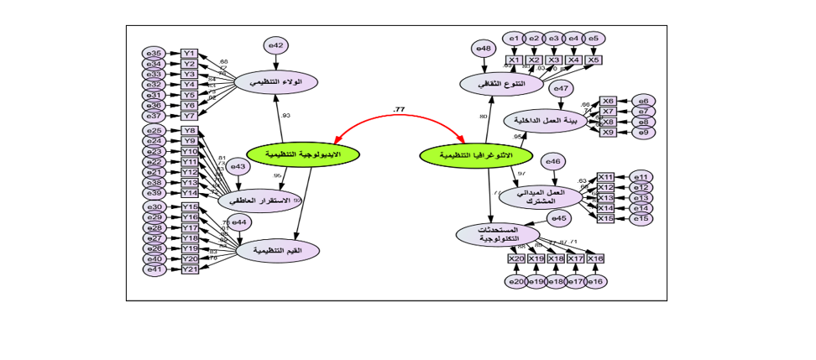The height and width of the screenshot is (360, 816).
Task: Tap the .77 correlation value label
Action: click(x=398, y=110)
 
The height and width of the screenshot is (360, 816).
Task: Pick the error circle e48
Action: click(x=484, y=49)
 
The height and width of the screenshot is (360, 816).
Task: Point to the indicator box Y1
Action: click(x=190, y=54)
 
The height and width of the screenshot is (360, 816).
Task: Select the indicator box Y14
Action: click(x=190, y=193)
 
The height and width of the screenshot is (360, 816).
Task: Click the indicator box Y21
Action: click(x=190, y=269)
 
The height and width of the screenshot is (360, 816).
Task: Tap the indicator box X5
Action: click(x=594, y=60)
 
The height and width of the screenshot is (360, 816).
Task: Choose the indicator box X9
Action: click(x=608, y=132)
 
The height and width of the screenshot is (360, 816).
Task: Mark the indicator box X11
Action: click(x=605, y=177)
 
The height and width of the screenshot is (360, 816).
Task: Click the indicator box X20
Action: click(x=516, y=258)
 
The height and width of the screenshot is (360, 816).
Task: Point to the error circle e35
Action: click(x=154, y=54)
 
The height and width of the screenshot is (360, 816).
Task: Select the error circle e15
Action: click(x=641, y=218)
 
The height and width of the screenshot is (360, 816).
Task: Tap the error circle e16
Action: click(x=595, y=281)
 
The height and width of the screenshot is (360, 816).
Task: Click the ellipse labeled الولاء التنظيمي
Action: click(x=276, y=81)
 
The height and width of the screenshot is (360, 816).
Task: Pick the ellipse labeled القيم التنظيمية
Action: click(x=278, y=250)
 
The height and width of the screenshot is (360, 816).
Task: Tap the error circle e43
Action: click(x=238, y=167)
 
